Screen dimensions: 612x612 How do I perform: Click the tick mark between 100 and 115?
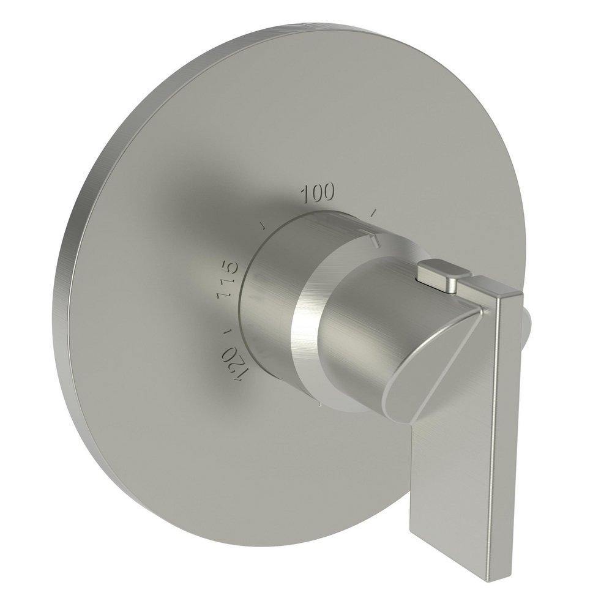click(x=262, y=225)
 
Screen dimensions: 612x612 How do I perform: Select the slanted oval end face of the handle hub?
click(x=428, y=367)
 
